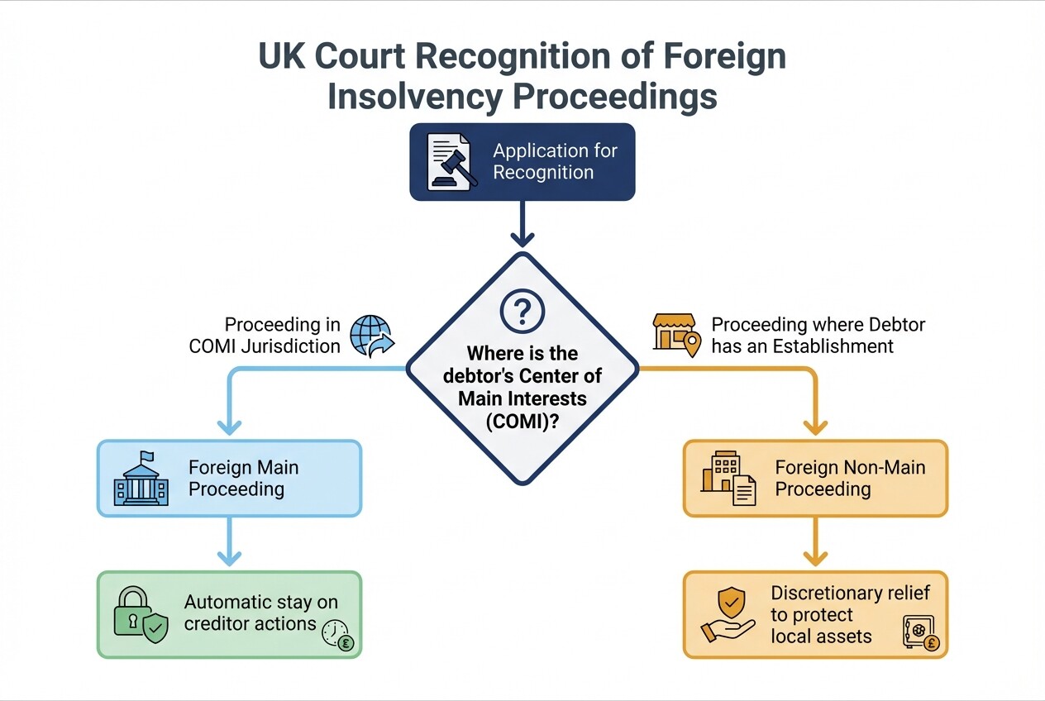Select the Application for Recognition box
(x=522, y=162)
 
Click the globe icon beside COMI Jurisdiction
(x=371, y=335)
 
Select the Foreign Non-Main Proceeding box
(x=814, y=479)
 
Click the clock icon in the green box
(x=337, y=635)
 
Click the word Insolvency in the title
(x=412, y=96)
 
